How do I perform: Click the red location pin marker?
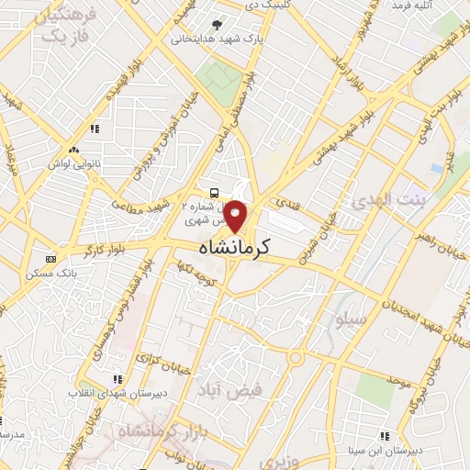pyautogui.click(x=237, y=216)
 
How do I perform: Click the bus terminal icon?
pyautogui.click(x=214, y=193)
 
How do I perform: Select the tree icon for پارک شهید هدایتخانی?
pyautogui.click(x=217, y=25)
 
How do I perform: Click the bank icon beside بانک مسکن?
pyautogui.click(x=50, y=260)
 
